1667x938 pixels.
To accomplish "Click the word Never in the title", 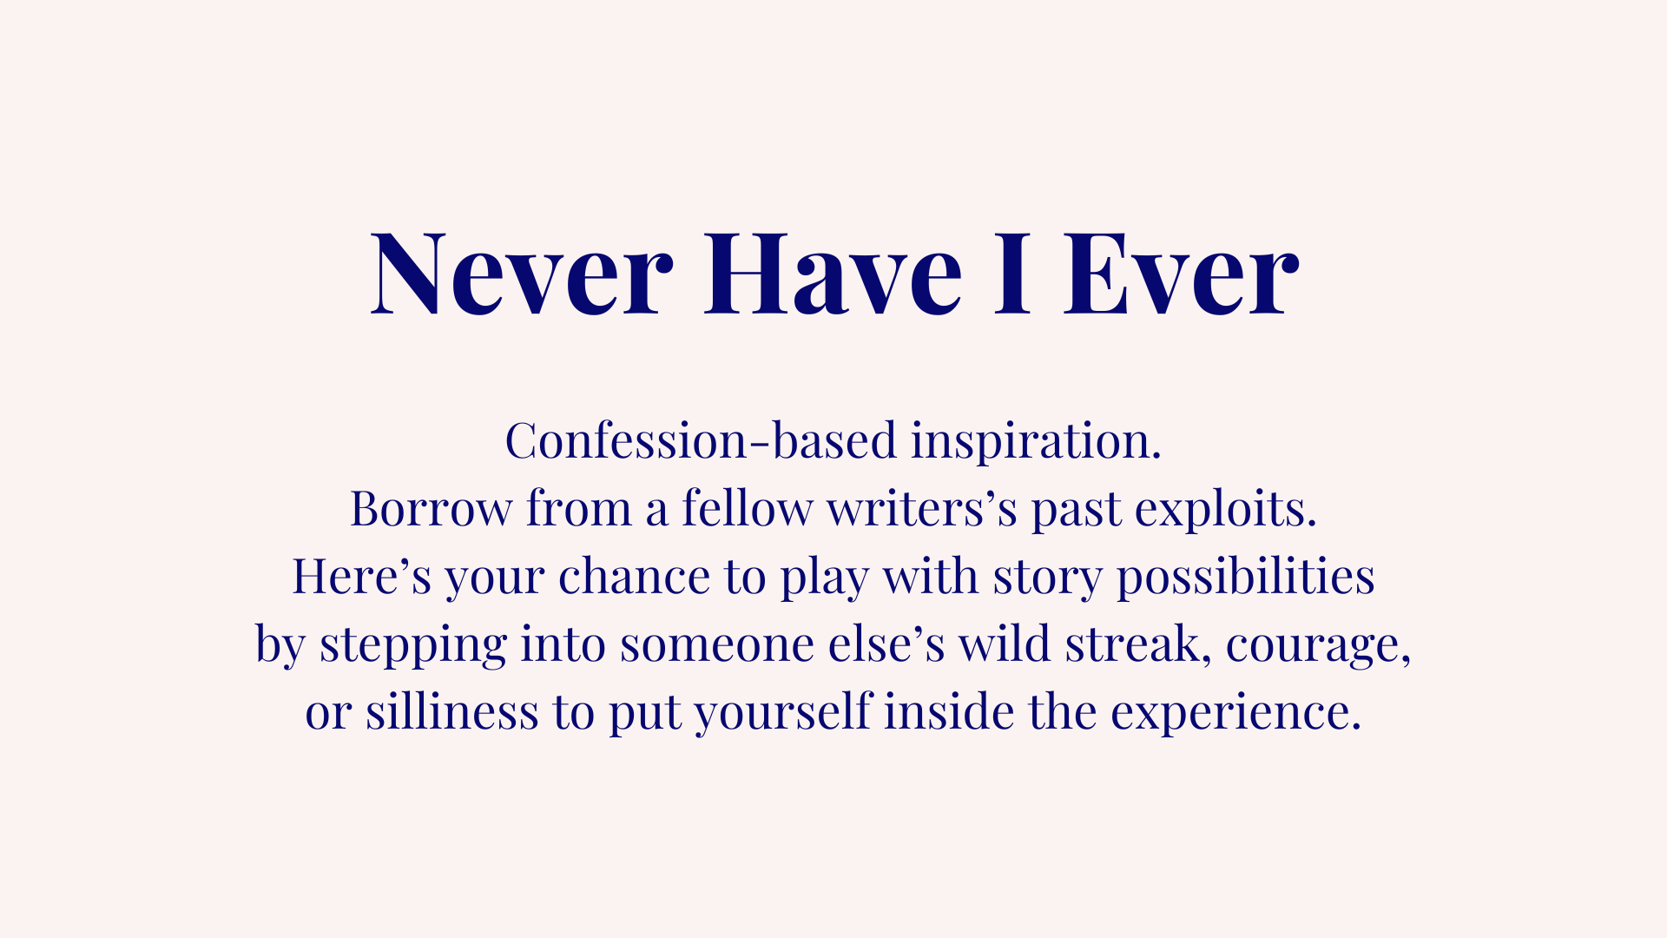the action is [522, 273].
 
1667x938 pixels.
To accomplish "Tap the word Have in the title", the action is [833, 273].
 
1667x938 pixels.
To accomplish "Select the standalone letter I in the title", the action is [1012, 273].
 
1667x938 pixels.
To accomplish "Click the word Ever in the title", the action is [1182, 273].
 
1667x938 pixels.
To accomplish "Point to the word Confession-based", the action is [701, 440].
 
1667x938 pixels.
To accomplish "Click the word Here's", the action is [361, 576].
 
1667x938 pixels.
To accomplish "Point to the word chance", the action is [635, 576].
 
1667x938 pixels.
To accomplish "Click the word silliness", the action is [451, 711].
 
